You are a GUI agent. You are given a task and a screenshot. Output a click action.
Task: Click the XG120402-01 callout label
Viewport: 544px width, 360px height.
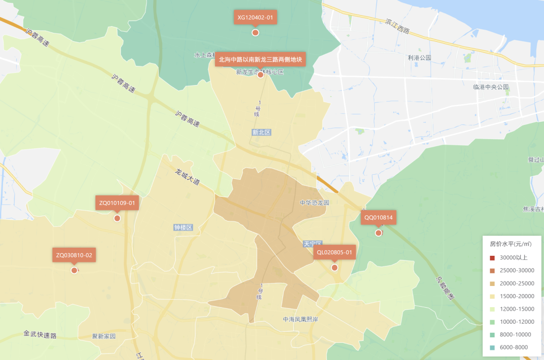[255, 18]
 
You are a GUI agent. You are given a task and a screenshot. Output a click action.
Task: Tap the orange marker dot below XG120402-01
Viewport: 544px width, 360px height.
[255, 33]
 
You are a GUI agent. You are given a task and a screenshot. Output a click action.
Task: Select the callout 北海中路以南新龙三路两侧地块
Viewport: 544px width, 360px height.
[260, 59]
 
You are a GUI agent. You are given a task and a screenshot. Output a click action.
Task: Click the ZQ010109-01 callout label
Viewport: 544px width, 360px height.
[117, 203]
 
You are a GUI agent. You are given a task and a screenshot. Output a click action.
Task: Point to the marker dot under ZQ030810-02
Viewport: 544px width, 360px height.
[74, 270]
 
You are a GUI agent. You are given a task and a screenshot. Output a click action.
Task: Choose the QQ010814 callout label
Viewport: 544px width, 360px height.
[378, 218]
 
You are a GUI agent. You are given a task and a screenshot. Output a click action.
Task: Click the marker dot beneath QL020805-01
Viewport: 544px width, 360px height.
[334, 267]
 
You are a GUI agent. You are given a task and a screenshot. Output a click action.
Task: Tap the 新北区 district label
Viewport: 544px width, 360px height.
[261, 132]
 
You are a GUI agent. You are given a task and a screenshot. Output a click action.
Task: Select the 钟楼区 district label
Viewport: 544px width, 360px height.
[183, 228]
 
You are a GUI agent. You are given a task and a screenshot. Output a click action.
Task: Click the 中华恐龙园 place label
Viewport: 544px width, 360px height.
[314, 202]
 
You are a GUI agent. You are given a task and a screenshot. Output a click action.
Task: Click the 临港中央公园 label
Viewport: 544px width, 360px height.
[491, 87]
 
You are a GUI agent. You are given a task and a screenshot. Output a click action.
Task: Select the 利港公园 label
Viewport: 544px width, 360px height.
[420, 58]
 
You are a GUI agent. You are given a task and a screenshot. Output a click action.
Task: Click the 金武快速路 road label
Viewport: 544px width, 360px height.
[40, 334]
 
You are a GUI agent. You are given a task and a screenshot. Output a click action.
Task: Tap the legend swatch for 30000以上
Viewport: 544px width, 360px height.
[492, 258]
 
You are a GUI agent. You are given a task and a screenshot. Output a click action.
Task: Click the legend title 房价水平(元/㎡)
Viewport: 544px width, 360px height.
[511, 244]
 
